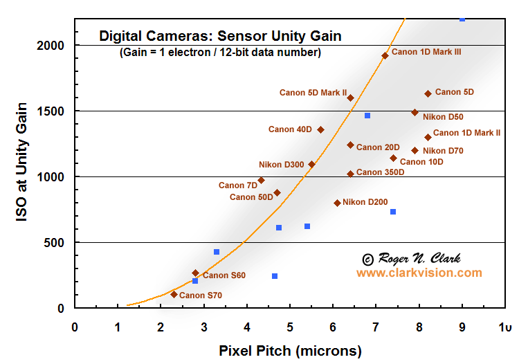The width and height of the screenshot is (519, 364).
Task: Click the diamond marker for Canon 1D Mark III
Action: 385,55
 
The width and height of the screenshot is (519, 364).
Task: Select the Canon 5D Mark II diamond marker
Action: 350,98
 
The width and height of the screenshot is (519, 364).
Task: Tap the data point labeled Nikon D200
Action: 337,203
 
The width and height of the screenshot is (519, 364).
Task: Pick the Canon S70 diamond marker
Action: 174,294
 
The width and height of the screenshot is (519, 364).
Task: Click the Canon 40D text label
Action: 290,129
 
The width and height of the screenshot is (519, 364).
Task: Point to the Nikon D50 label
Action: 443,117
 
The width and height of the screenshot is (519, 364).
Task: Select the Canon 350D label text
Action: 380,172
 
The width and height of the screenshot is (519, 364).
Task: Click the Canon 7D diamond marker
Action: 261,180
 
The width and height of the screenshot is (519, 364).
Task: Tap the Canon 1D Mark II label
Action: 466,133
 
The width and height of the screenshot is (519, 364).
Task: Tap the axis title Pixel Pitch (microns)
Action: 290,351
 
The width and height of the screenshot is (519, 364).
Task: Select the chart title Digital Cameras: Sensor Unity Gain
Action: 220,35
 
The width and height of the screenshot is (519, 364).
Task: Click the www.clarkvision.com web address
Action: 419,273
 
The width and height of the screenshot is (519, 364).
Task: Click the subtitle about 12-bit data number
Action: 220,53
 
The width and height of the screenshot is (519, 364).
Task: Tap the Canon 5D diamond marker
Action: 428,93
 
